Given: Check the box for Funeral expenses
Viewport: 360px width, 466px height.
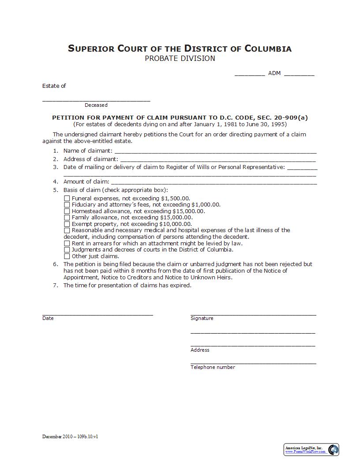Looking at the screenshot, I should coord(67,199).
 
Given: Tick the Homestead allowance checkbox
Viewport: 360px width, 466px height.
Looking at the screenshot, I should coord(67,211).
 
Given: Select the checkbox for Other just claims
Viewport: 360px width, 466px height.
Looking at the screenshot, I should coord(67,256).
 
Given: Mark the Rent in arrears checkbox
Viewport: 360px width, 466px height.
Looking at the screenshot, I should coord(67,243).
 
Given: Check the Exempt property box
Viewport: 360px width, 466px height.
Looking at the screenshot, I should coord(67,224).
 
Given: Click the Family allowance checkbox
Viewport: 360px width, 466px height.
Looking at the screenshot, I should coord(67,217).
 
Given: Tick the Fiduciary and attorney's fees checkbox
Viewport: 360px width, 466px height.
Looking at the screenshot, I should coord(67,205).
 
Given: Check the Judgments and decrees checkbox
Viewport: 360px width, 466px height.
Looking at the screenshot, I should coord(67,250).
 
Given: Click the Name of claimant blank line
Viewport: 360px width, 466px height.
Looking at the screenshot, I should coord(215,151).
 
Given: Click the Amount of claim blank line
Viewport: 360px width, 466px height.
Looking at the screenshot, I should coord(214,182).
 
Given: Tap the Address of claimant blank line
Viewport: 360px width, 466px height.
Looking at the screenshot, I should coord(218,159).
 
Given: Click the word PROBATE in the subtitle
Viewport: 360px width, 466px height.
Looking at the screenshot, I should coord(161,58).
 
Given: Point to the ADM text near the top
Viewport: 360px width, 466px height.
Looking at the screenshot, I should coord(274,73).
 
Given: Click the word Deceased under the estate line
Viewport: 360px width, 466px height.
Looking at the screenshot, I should coord(96,105).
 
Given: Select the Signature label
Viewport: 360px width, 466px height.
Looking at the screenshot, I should coord(202,318).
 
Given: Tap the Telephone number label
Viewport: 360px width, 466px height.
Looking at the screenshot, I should coord(213,367).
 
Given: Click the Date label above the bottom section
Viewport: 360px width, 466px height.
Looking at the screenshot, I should coord(48,318).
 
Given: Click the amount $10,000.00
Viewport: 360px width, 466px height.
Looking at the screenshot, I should coord(175,224).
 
